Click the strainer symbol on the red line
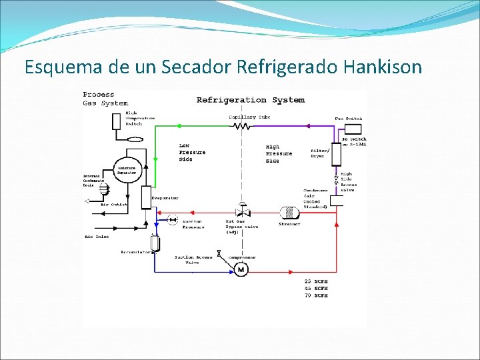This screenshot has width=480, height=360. [x=289, y=213]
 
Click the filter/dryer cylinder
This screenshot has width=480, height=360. [x=337, y=155]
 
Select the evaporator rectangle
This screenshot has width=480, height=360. [x=147, y=197]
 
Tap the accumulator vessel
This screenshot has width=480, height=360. [x=155, y=244]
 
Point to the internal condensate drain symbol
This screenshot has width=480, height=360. [x=103, y=189]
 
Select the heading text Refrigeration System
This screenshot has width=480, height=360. [x=250, y=100]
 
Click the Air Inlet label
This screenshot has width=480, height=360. [x=97, y=236]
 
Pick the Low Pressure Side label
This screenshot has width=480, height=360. [x=192, y=153]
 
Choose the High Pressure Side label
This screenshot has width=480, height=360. [x=279, y=153]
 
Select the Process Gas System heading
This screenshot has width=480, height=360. [x=105, y=99]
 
